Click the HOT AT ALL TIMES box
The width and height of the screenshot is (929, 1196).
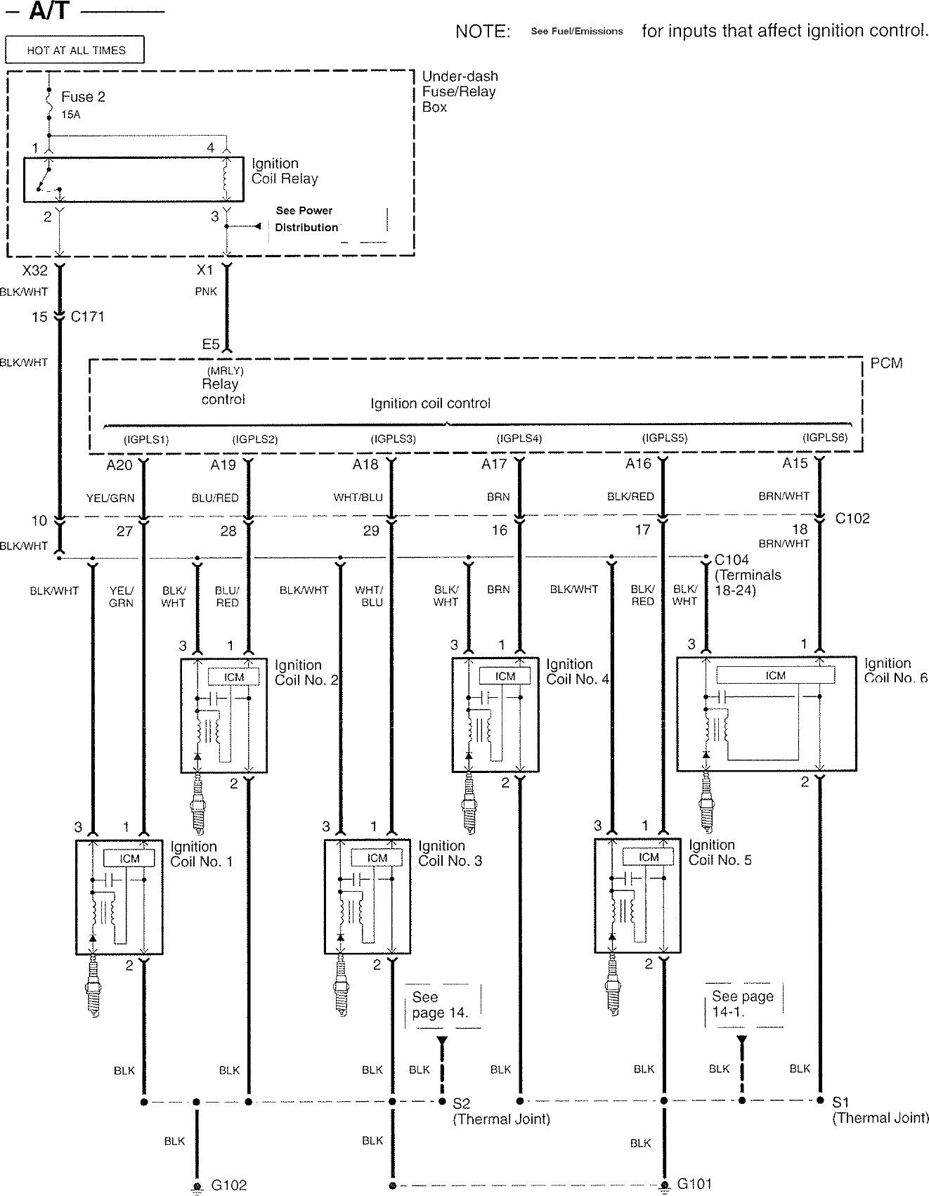[x=75, y=50]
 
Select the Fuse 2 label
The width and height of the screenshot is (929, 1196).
[x=83, y=97]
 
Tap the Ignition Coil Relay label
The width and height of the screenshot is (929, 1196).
[x=285, y=171]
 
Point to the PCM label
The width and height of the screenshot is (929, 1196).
[x=886, y=363]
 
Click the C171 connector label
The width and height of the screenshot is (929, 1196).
[x=88, y=317]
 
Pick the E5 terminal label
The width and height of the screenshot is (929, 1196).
[x=211, y=344]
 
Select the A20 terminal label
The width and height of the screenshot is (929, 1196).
[x=119, y=465]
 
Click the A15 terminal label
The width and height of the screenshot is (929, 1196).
[x=795, y=464]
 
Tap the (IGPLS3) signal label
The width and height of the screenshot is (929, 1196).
[x=394, y=439]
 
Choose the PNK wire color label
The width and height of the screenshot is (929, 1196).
[x=206, y=291]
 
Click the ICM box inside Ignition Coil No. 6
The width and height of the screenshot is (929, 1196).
[x=775, y=675]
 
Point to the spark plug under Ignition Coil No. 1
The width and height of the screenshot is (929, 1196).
[x=93, y=991]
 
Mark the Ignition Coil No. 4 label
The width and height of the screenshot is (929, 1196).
[x=577, y=672]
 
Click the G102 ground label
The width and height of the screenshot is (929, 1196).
[x=229, y=1185]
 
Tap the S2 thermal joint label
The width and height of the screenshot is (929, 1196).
[x=462, y=1103]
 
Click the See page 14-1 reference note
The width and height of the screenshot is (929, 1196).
[x=742, y=1004]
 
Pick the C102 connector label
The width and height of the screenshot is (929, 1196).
[x=852, y=519]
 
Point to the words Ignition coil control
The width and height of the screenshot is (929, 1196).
[x=430, y=403]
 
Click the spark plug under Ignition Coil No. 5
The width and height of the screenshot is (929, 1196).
[x=612, y=989]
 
